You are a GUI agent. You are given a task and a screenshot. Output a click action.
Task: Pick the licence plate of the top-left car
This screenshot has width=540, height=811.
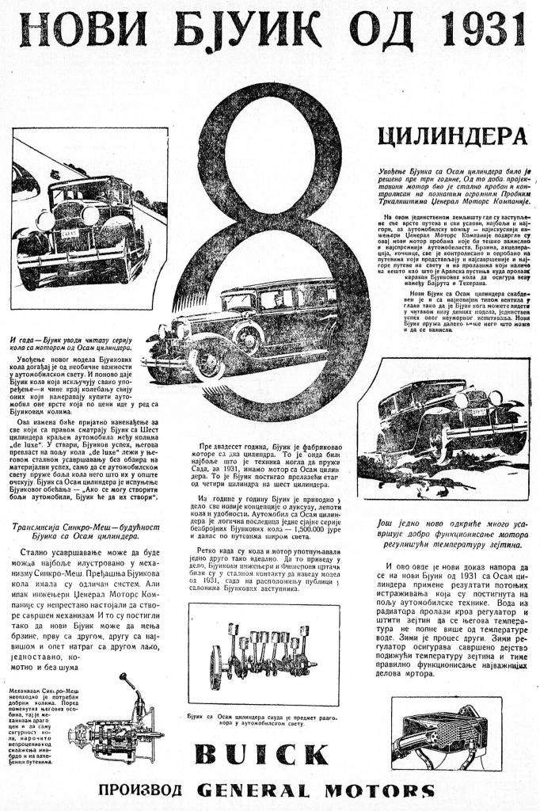click(70, 234)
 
